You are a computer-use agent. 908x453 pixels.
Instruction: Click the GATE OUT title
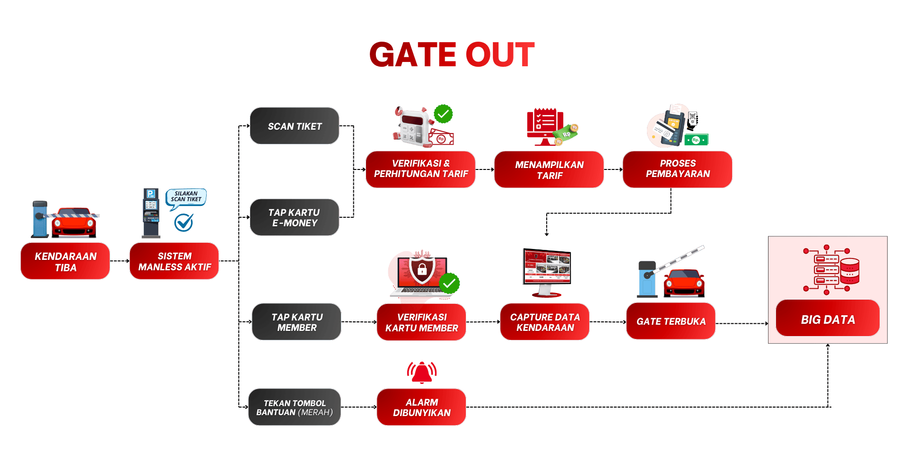pos(452,54)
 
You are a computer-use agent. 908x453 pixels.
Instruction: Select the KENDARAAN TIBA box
pos(65,261)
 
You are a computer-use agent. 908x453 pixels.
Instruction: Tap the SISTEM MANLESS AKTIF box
pos(174,261)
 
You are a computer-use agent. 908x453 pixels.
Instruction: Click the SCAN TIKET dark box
pos(294,126)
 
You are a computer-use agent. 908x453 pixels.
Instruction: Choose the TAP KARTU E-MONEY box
pos(294,218)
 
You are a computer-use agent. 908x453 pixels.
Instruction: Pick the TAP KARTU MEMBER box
pos(297,322)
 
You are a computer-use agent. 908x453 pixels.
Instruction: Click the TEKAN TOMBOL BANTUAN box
pos(294,408)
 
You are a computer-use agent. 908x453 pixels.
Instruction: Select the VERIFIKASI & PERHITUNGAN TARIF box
pos(420,169)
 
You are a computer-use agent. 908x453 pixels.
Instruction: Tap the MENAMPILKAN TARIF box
pos(549,169)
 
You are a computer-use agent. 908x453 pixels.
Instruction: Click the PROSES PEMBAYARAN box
pos(677,169)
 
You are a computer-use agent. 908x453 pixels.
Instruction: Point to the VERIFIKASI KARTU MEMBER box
pos(421,322)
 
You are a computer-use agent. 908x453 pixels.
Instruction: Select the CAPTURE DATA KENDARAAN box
pos(545,322)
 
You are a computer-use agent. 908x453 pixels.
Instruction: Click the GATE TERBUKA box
pos(671,321)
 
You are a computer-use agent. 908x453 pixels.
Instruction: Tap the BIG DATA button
pos(828,319)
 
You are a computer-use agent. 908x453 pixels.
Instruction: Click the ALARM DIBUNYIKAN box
pos(421,408)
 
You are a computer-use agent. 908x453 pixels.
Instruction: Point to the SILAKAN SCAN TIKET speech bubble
pos(186,197)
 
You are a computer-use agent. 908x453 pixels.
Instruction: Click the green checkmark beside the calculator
pos(443,114)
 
